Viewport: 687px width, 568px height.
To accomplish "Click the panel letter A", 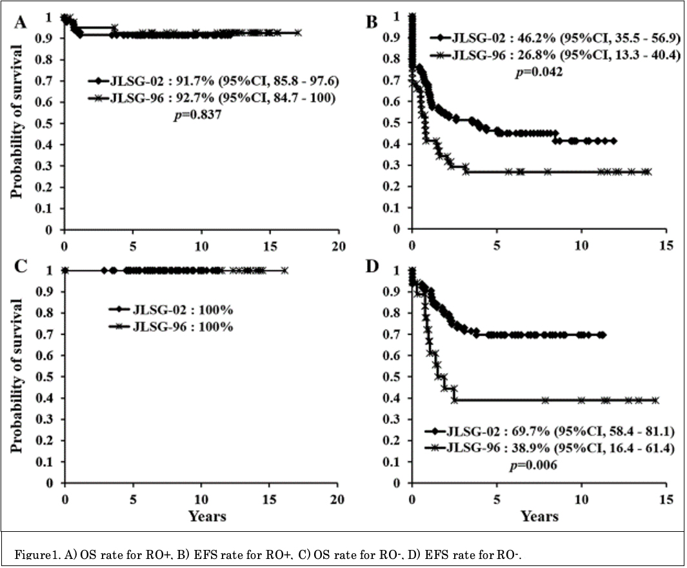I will click(x=21, y=23).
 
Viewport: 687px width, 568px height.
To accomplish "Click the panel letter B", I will click(x=372, y=23).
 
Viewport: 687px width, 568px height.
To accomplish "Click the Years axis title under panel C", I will click(x=207, y=516).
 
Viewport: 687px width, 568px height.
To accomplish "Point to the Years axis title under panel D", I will click(x=539, y=516).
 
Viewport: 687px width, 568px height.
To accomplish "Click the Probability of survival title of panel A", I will click(x=17, y=123).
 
